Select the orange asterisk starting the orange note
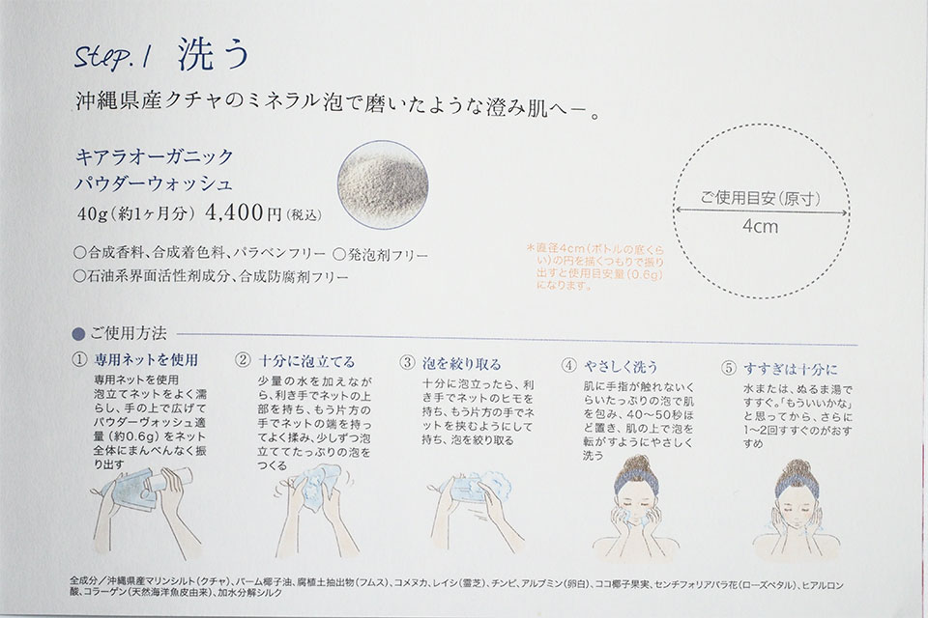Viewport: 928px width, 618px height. pos(532,246)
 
